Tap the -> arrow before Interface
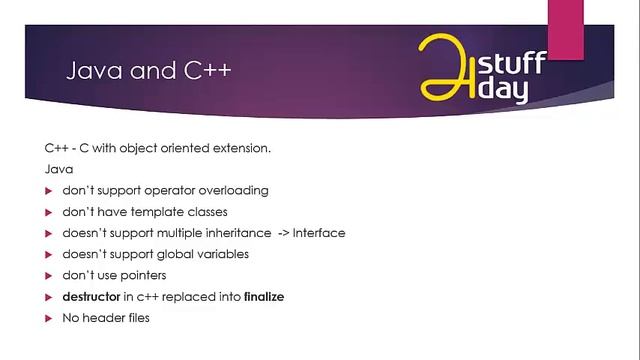[283, 233]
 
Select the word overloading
[232, 190]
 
